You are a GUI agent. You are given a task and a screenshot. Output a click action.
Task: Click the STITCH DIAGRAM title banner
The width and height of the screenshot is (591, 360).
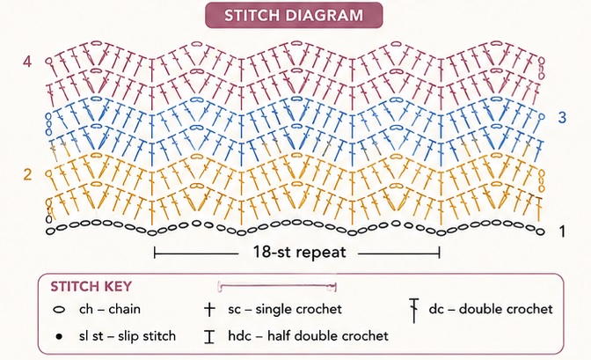point(294,15)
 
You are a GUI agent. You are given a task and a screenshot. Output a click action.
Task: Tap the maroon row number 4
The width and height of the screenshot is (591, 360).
point(27,62)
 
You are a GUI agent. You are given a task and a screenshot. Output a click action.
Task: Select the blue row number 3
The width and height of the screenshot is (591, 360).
point(562,118)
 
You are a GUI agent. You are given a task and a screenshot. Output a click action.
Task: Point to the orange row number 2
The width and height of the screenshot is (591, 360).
point(27,174)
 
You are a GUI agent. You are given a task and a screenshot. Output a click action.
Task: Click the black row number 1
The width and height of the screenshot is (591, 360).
point(562,231)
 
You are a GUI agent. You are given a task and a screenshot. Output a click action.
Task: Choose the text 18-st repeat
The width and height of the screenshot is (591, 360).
point(299,252)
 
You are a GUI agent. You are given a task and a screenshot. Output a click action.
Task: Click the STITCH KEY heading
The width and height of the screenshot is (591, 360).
point(91,286)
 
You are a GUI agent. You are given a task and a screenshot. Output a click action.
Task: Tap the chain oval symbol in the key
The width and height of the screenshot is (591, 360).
point(59,310)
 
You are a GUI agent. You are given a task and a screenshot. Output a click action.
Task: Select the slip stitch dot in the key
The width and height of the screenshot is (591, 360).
point(59,336)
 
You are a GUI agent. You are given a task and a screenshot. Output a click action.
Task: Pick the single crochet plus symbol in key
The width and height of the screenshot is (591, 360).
point(209,310)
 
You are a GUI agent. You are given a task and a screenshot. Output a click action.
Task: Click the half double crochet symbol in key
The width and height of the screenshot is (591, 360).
point(209,336)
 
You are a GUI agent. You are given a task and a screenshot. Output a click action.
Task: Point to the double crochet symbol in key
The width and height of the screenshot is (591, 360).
point(414,311)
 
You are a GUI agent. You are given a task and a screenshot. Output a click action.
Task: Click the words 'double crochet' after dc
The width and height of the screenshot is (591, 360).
point(506,309)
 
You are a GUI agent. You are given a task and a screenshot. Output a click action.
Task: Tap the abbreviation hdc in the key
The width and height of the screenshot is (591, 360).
point(239,336)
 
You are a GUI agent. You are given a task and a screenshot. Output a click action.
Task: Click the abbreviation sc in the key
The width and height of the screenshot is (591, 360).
point(235,310)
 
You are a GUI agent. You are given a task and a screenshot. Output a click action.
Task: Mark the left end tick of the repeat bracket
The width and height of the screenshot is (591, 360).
point(155,253)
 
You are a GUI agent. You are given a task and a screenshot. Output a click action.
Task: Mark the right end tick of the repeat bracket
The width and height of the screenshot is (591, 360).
point(439,253)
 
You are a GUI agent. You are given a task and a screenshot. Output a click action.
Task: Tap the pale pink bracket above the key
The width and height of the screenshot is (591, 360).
point(277,285)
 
